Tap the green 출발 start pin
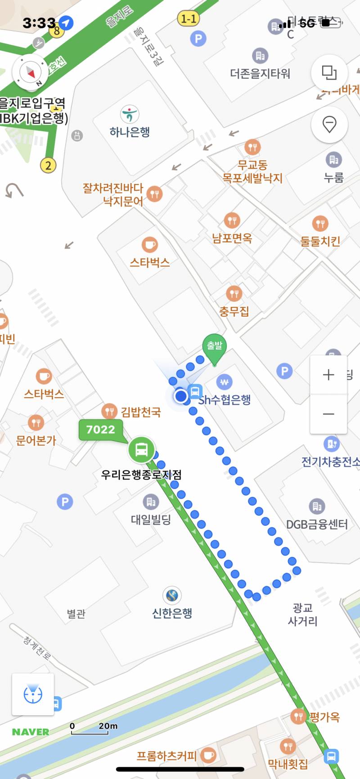tap(215, 348)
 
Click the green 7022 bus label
tap(101, 430)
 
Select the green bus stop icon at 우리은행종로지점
tap(142, 449)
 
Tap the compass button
tap(30, 72)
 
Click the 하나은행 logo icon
tap(130, 114)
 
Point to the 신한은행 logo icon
tap(172, 595)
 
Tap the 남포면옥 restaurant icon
tap(232, 220)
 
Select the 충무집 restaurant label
tap(234, 311)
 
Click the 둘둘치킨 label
tap(320, 242)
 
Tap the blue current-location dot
tap(181, 396)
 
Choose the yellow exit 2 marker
tap(48, 166)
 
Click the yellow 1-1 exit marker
tap(189, 19)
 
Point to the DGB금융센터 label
tap(317, 524)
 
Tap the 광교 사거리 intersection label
tap(302, 614)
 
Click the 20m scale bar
tap(90, 729)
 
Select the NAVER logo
tap(31, 732)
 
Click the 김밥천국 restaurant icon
tap(109, 411)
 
